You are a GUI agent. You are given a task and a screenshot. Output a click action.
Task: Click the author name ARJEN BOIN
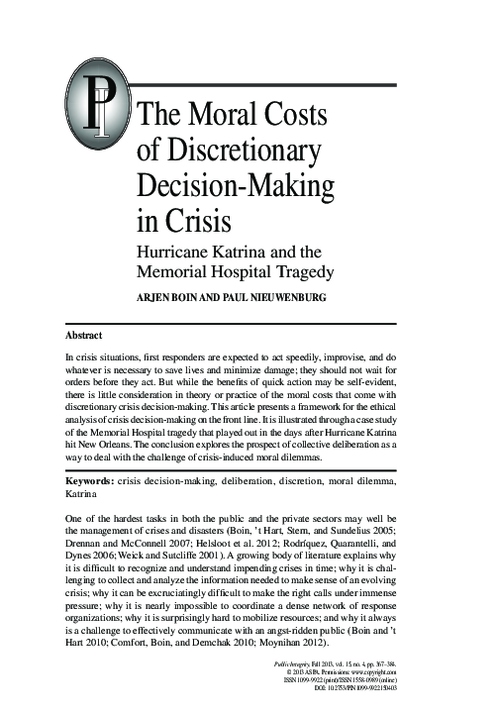coord(177,296)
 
